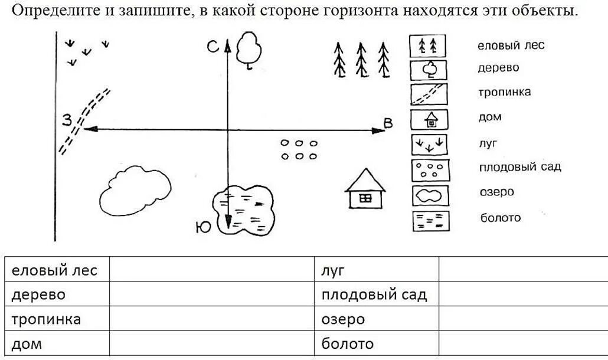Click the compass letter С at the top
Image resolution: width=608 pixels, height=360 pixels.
(214, 48)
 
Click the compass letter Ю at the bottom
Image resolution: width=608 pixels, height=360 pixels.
(202, 227)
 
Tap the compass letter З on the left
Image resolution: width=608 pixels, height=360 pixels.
(67, 120)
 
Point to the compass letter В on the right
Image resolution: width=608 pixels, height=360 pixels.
(388, 123)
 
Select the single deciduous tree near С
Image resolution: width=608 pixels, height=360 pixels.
(249, 50)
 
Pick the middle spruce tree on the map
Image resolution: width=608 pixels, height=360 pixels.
(361, 60)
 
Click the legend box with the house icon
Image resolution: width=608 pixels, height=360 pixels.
(429, 120)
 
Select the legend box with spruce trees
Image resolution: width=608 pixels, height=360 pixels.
(428, 46)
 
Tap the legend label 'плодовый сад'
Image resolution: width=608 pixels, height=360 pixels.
(519, 167)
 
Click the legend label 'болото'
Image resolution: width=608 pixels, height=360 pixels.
(501, 218)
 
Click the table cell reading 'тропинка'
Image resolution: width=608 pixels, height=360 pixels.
(46, 319)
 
